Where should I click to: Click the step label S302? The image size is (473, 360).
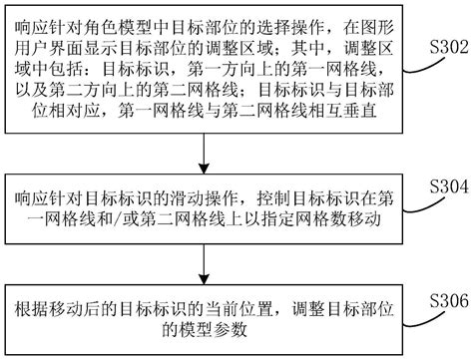(x=449, y=47)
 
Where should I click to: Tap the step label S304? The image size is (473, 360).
(x=449, y=186)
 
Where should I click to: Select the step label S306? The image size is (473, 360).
(x=449, y=301)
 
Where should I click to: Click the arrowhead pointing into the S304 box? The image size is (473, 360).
(x=204, y=169)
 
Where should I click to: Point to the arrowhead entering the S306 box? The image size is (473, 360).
(x=204, y=279)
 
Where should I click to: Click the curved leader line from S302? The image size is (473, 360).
(x=424, y=66)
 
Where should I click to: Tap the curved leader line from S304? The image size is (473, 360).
(x=424, y=205)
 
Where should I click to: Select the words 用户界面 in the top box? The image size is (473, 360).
(x=50, y=49)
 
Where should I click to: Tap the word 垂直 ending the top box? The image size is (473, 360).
(x=359, y=111)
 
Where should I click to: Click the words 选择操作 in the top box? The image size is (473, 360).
(x=290, y=28)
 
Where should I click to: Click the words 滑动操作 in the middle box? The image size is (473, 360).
(x=204, y=199)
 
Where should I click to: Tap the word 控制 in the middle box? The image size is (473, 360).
(x=273, y=199)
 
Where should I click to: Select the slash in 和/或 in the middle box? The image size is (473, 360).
(x=118, y=220)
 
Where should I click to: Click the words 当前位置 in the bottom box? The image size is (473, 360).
(x=238, y=309)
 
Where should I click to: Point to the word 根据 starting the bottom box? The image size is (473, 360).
(x=32, y=309)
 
